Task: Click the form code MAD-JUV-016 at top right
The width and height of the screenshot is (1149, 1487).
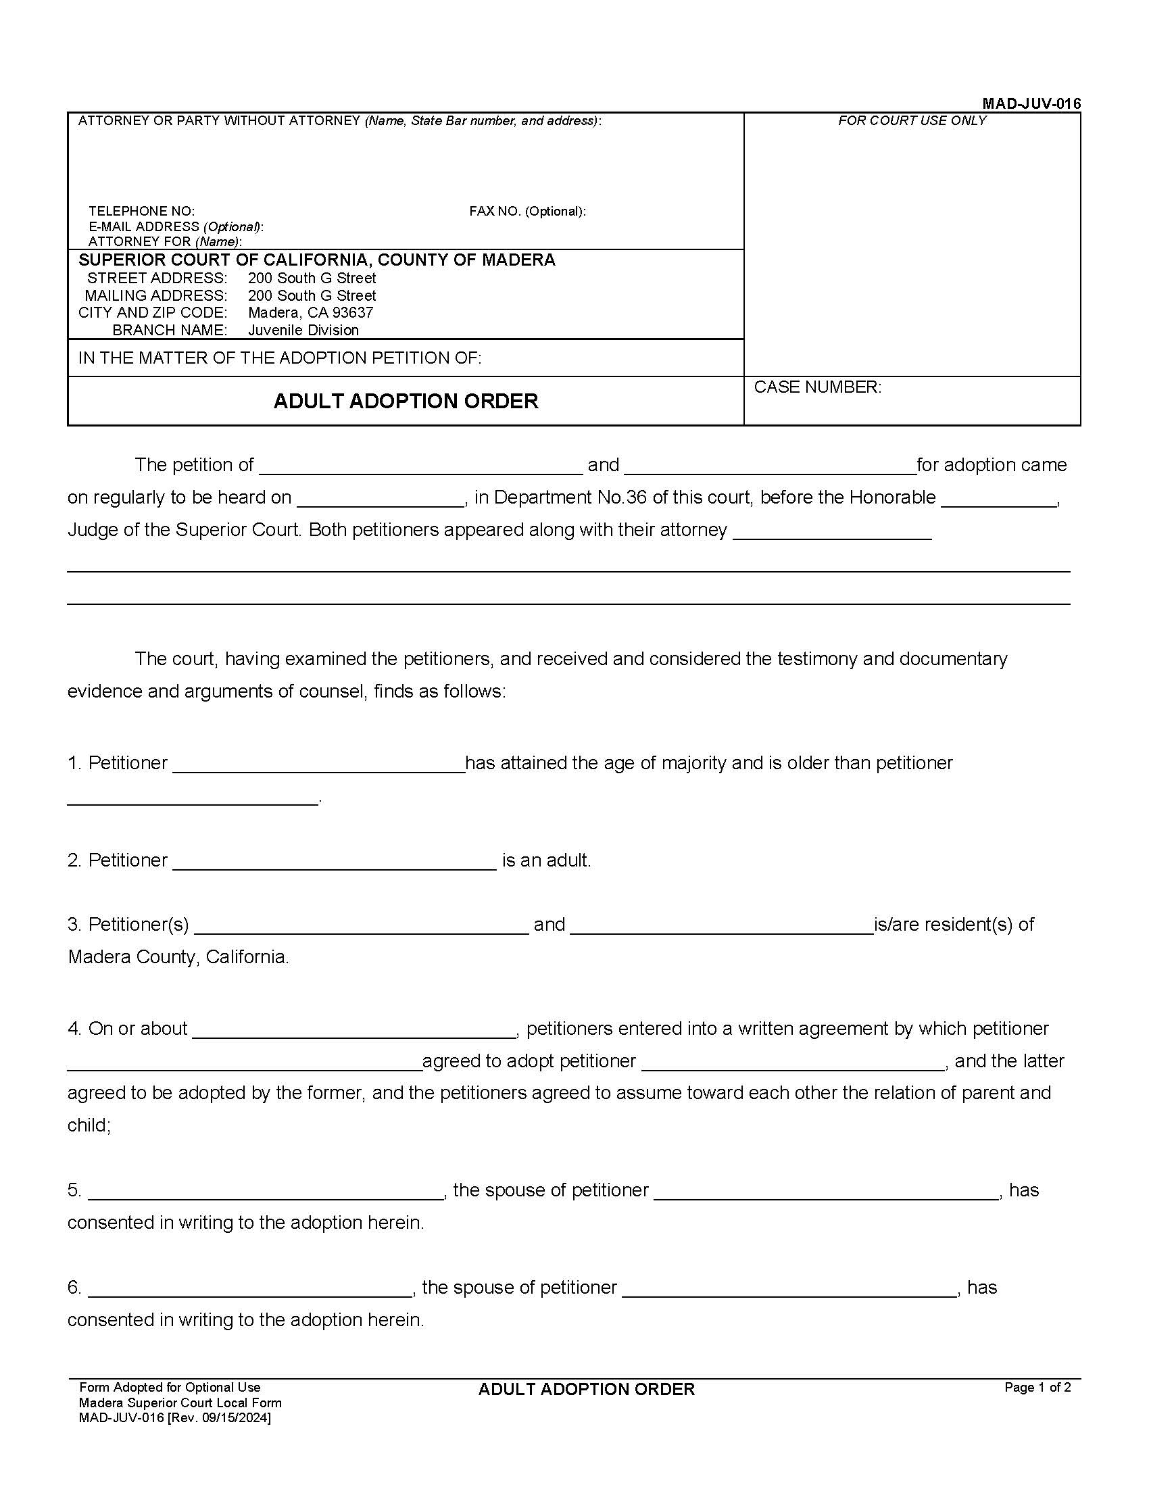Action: pyautogui.click(x=1031, y=103)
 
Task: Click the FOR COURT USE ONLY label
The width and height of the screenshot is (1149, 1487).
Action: pyautogui.click(x=912, y=120)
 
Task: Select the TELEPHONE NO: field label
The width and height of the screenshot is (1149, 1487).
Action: pyautogui.click(x=141, y=211)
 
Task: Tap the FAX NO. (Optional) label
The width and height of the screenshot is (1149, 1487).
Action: pyautogui.click(x=527, y=211)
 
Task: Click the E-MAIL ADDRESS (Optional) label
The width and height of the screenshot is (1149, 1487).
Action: pyautogui.click(x=176, y=226)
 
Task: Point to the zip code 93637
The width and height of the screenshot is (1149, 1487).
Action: pyautogui.click(x=353, y=312)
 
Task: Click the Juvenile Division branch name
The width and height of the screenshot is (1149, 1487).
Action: pyautogui.click(x=303, y=331)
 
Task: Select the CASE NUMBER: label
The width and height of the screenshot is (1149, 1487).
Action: pyautogui.click(x=817, y=387)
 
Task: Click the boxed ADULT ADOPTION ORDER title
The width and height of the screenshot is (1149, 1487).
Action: pyautogui.click(x=406, y=401)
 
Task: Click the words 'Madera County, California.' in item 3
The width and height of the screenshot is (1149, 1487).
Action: pyautogui.click(x=178, y=956)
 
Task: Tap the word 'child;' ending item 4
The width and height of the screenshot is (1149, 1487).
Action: pyautogui.click(x=89, y=1125)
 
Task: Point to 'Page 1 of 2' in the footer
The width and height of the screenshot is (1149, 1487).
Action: pyautogui.click(x=1037, y=1388)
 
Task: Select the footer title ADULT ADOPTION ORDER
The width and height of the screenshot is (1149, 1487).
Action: pyautogui.click(x=586, y=1390)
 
